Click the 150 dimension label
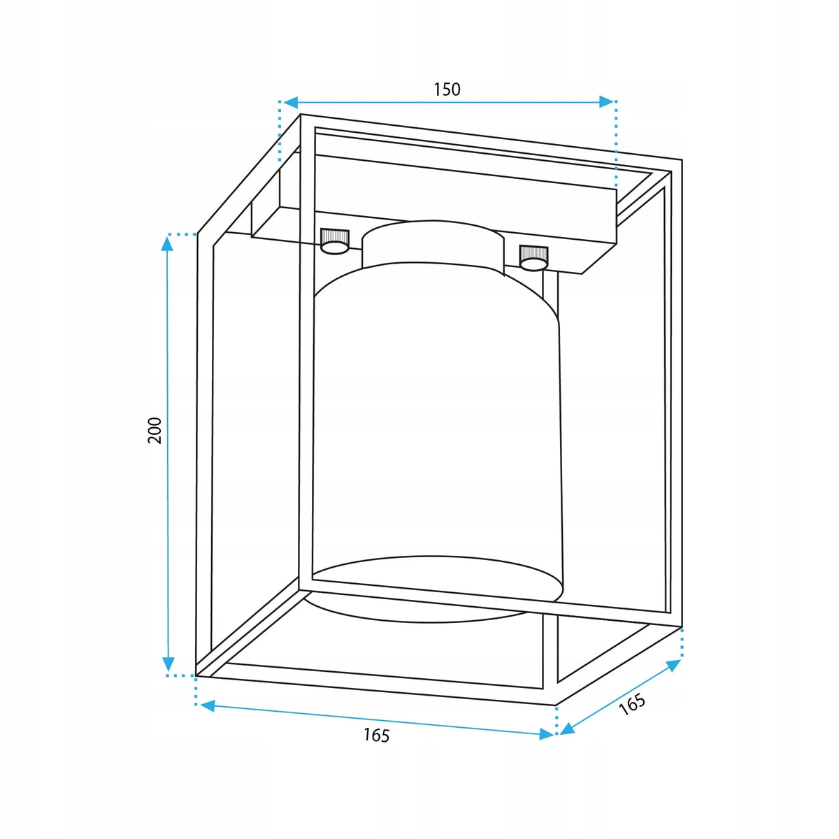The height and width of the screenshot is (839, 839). pyautogui.click(x=447, y=89)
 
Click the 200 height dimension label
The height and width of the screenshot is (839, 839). pyautogui.click(x=155, y=431)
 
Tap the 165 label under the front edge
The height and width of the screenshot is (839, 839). pyautogui.click(x=377, y=736)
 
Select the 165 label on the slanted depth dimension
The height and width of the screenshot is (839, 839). pyautogui.click(x=632, y=705)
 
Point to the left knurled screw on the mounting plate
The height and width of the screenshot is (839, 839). pyautogui.click(x=335, y=241)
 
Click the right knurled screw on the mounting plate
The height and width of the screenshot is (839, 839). pyautogui.click(x=533, y=258)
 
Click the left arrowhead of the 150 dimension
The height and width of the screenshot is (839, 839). pyautogui.click(x=291, y=102)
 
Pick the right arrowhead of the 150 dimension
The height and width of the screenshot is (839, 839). pyautogui.click(x=606, y=102)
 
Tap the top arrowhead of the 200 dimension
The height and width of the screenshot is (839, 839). pyautogui.click(x=167, y=243)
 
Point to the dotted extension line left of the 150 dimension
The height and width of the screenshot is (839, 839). pyautogui.click(x=280, y=131)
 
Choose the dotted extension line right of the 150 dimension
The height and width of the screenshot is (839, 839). pyautogui.click(x=616, y=144)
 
